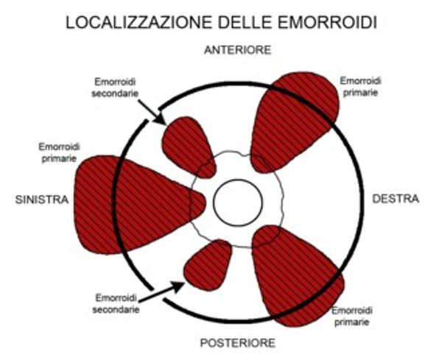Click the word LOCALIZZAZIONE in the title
point(138,23)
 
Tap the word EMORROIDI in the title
point(328,23)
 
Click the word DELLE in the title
point(245,23)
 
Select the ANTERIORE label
point(238,50)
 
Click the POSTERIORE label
point(238,343)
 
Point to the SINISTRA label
point(42,200)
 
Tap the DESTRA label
point(396,199)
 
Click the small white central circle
point(238,202)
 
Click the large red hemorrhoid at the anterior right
point(293,121)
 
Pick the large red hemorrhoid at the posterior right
point(296,276)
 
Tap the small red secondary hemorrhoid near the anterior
point(188,147)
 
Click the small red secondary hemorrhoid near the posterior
point(208,265)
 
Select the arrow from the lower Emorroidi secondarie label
point(162,292)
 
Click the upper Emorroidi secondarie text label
point(115,88)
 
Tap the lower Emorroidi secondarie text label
point(116,303)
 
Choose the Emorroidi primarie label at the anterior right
point(360,86)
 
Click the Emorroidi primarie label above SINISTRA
point(59,152)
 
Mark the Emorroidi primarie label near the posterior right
point(352,316)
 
